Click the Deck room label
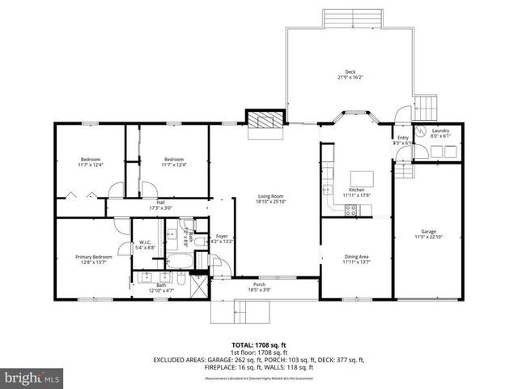(x=350, y=72)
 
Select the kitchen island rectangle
(x=361, y=178)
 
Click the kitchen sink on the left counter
(x=328, y=189)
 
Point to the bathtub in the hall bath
(x=179, y=260)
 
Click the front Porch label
(x=259, y=284)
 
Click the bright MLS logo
(x=32, y=378)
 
